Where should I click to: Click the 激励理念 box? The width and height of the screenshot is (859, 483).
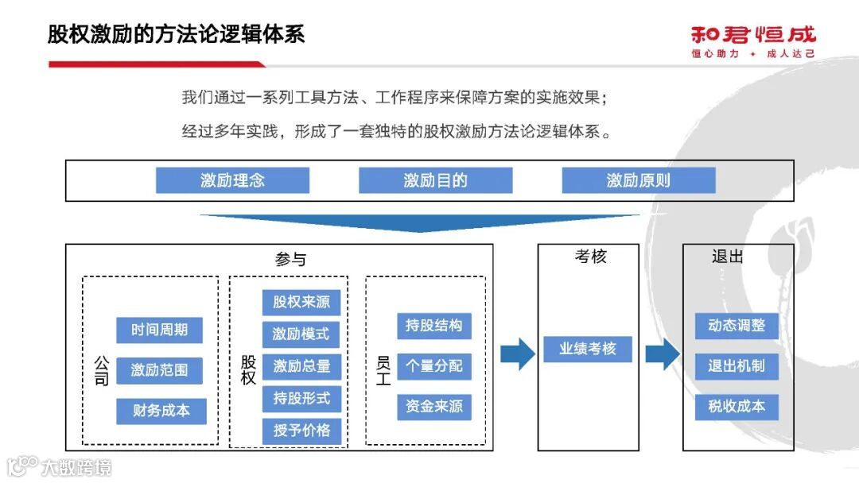232,180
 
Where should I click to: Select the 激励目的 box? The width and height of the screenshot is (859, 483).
435,180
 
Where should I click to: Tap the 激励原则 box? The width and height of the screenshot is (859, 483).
639,180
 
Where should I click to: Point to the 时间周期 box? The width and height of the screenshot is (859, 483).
160,330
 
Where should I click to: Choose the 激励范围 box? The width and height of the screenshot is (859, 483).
160,370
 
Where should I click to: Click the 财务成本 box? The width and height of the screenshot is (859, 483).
161,411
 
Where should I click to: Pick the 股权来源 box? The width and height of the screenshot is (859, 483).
301,302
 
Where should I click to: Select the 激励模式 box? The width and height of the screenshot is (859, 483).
301,334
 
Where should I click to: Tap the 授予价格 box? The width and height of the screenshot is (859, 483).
301,431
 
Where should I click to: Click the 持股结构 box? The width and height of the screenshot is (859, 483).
434,325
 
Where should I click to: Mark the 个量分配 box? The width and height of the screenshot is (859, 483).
434,366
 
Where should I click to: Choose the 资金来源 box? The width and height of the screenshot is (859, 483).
434,407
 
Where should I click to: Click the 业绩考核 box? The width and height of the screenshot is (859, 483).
588,349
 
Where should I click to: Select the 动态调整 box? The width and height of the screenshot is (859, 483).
737,326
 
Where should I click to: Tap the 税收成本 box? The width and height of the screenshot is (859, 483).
737,407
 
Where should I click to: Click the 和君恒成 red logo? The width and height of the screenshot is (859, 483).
752,36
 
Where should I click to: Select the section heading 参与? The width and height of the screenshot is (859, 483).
290,260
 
